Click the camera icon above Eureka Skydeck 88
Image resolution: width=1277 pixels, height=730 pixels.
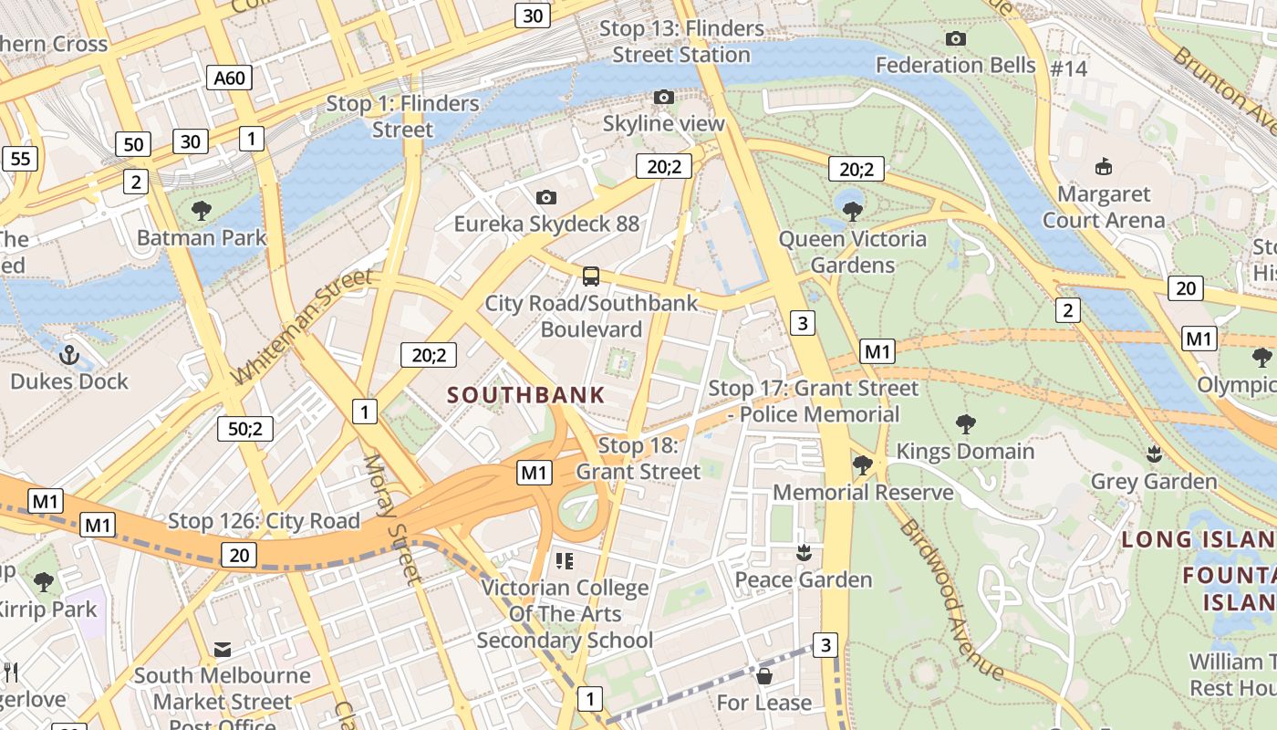point(546,197)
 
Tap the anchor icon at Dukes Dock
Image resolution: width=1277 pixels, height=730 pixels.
point(69,355)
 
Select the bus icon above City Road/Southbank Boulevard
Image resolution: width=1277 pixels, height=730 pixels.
point(591,276)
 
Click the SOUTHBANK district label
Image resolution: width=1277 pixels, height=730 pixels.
point(526,395)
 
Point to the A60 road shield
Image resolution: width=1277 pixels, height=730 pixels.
point(229,78)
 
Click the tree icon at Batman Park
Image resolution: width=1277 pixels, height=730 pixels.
point(202,211)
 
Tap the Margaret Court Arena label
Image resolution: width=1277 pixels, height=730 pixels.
point(1104,207)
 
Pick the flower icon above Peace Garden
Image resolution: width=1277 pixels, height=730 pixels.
point(804,552)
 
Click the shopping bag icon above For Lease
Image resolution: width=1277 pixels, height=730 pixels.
point(764,676)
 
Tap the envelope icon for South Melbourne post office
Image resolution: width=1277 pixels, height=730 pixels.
point(222,650)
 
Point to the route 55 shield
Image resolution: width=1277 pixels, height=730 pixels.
point(20,159)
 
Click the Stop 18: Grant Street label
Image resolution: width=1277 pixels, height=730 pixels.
point(638,459)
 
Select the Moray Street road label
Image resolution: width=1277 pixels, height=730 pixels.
point(392,517)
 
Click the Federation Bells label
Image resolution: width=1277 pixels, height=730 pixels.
point(956,65)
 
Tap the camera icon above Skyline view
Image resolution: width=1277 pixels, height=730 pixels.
point(664,97)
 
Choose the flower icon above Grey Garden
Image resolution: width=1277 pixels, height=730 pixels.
point(1154,454)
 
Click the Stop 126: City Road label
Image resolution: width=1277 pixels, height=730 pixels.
point(264,522)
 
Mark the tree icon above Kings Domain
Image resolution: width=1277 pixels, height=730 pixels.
point(965,423)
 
